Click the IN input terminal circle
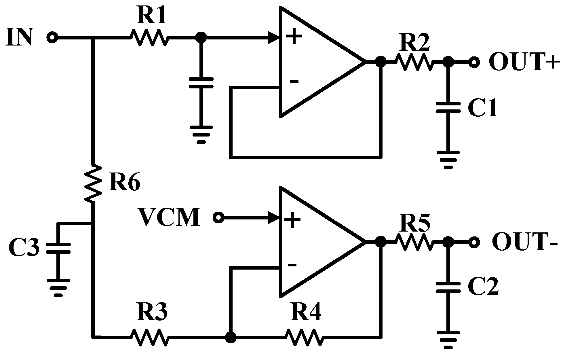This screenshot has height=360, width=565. point(52,37)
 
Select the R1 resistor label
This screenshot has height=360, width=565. point(151,16)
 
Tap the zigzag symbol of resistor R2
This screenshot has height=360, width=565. point(414,62)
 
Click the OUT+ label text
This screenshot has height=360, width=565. point(524,62)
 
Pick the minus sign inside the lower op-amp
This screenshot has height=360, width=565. point(292,265)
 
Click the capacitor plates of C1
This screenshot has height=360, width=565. point(448,108)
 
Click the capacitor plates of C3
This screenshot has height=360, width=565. point(58,248)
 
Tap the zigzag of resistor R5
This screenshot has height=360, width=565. point(414,242)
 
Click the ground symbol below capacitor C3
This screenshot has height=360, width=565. point(58,287)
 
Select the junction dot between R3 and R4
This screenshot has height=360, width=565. point(230,337)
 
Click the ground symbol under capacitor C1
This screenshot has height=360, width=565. point(448,158)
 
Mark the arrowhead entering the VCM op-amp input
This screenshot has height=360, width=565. point(274,217)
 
